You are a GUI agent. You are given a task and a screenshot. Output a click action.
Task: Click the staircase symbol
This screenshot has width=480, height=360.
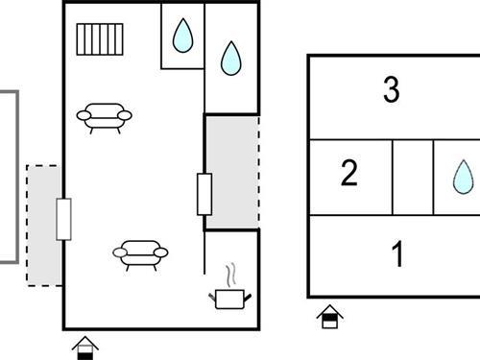point(100,39)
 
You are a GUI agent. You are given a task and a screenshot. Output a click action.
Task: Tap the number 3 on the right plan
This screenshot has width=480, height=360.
point(391,89)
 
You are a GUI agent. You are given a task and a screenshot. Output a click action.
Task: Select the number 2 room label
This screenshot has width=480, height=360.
point(348,173)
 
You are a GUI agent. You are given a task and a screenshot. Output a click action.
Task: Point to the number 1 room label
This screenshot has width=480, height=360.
point(397,253)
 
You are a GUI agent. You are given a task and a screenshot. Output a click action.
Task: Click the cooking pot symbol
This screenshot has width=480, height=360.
point(230,299)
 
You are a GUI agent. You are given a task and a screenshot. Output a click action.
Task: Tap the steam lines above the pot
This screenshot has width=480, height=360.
point(231,276)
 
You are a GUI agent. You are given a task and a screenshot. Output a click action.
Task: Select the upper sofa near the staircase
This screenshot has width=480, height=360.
point(104,118)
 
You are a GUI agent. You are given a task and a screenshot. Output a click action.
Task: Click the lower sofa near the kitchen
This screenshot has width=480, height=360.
point(140,255)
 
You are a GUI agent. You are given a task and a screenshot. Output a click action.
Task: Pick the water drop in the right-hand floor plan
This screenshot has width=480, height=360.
point(463,177)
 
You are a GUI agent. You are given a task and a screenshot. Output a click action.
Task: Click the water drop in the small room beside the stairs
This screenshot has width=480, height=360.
point(182,36)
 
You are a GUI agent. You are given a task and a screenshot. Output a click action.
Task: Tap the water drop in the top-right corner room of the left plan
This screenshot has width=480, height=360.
point(231,59)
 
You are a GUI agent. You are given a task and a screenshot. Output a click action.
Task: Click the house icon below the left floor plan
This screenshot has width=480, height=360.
point(85,348)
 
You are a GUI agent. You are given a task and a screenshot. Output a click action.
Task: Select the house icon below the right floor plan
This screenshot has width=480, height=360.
point(330,317)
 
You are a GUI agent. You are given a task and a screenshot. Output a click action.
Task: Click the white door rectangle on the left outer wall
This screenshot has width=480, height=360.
point(63,219)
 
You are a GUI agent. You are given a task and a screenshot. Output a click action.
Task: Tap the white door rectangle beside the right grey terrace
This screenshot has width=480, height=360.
point(204,194)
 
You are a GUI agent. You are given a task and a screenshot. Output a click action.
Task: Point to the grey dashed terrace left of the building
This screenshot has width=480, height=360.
point(43,226)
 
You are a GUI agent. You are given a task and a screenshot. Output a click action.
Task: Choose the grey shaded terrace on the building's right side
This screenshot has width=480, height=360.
point(231,173)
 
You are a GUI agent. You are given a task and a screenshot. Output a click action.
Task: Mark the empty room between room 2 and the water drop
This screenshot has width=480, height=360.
point(413,178)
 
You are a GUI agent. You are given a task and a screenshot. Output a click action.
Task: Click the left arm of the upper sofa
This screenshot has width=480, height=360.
point(84,115)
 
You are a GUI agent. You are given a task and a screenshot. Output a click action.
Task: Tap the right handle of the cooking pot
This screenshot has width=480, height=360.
point(248,298)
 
